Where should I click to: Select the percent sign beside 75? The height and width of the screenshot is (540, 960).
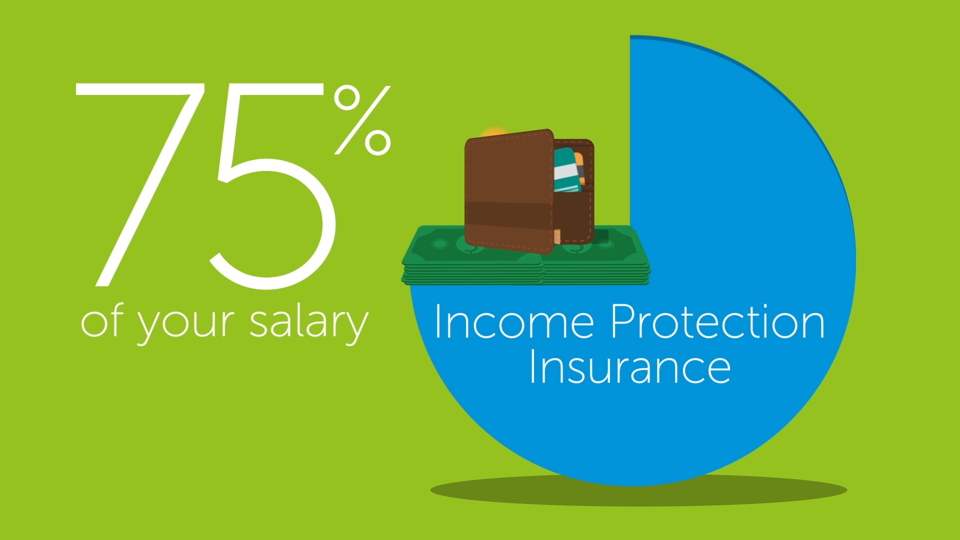(362, 120)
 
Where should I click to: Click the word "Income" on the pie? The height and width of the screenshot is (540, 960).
(514, 322)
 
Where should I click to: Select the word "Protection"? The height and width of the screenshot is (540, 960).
(717, 322)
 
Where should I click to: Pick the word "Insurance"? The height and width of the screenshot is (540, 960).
(630, 366)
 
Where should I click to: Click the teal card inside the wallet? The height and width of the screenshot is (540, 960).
(567, 170)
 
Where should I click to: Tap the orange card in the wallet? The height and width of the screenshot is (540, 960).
(579, 167)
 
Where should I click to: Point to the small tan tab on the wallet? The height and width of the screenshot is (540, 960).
(557, 236)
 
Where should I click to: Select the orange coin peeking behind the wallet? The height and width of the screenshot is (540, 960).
(494, 132)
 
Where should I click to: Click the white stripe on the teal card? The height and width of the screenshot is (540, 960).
(566, 171)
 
